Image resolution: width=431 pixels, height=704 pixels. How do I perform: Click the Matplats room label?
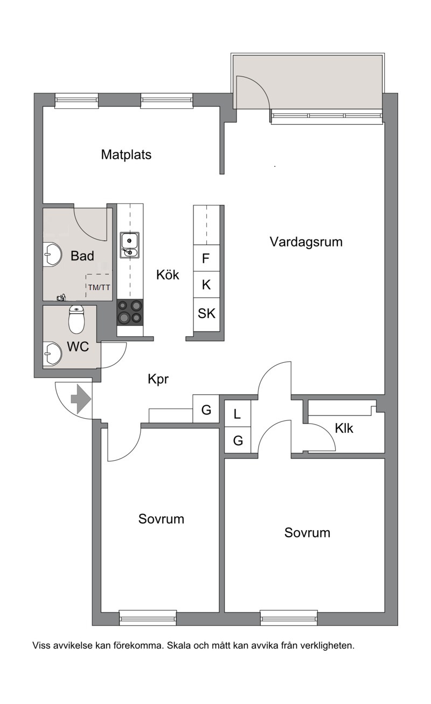pos(126,154)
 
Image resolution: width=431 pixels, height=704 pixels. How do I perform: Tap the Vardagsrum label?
pos(306,242)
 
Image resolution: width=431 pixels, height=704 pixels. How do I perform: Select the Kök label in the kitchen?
pos(168,275)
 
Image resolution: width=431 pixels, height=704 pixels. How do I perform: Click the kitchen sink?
pos(129,245)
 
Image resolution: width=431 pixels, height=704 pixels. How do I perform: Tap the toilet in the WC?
pos(77,319)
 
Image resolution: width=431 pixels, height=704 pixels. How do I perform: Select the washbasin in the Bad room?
pos(52,254)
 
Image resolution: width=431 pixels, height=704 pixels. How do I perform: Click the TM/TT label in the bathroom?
pos(99,287)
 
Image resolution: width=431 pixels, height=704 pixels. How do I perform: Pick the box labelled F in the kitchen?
pos(206,258)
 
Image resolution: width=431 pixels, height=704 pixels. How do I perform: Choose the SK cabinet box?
pos(206,314)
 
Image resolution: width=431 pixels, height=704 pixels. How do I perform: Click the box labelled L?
pos(238,413)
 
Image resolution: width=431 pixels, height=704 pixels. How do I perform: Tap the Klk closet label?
pos(344,428)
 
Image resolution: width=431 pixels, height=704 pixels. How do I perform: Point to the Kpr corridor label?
pos(158,379)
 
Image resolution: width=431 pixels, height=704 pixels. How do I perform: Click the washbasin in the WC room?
pos(52,354)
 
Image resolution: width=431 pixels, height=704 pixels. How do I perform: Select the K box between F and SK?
pos(206,285)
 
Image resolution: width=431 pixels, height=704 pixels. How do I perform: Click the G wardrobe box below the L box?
pos(238,440)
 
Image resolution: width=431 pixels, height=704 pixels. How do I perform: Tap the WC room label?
pos(78,347)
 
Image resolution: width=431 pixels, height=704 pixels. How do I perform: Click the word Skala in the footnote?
pos(179,645)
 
